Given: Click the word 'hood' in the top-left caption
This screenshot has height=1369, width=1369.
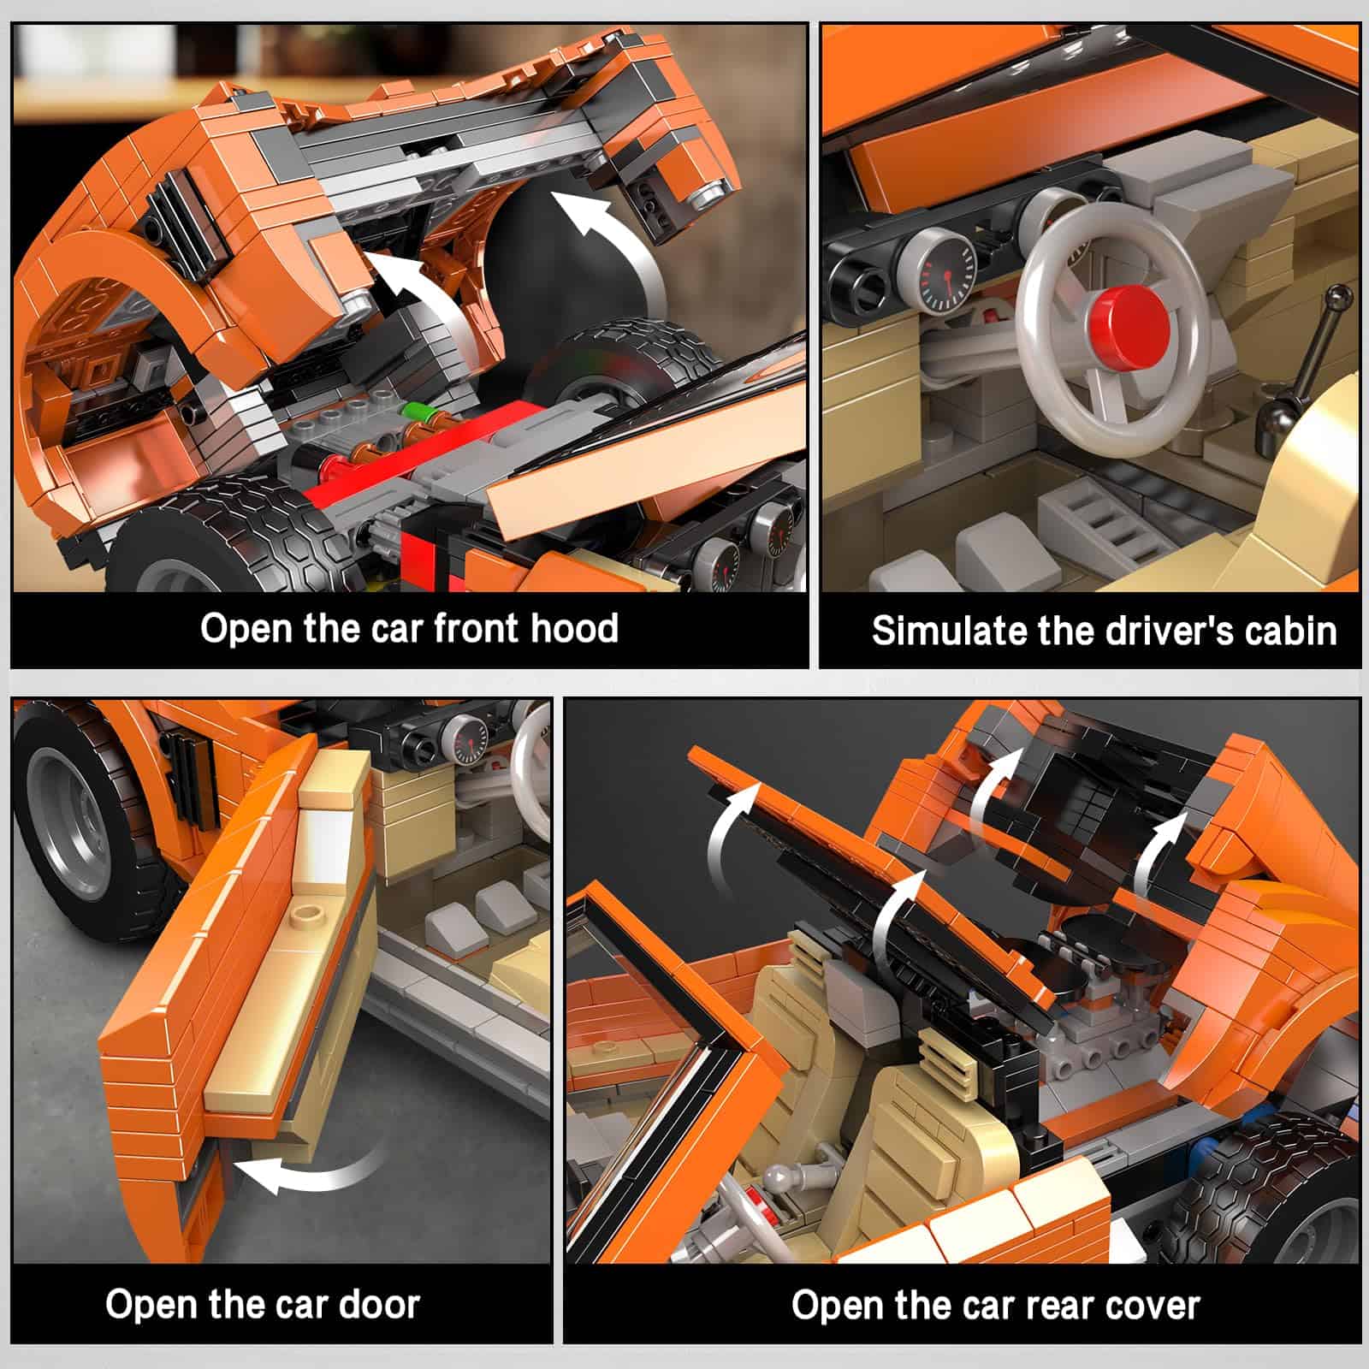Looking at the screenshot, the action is tap(574, 628).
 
